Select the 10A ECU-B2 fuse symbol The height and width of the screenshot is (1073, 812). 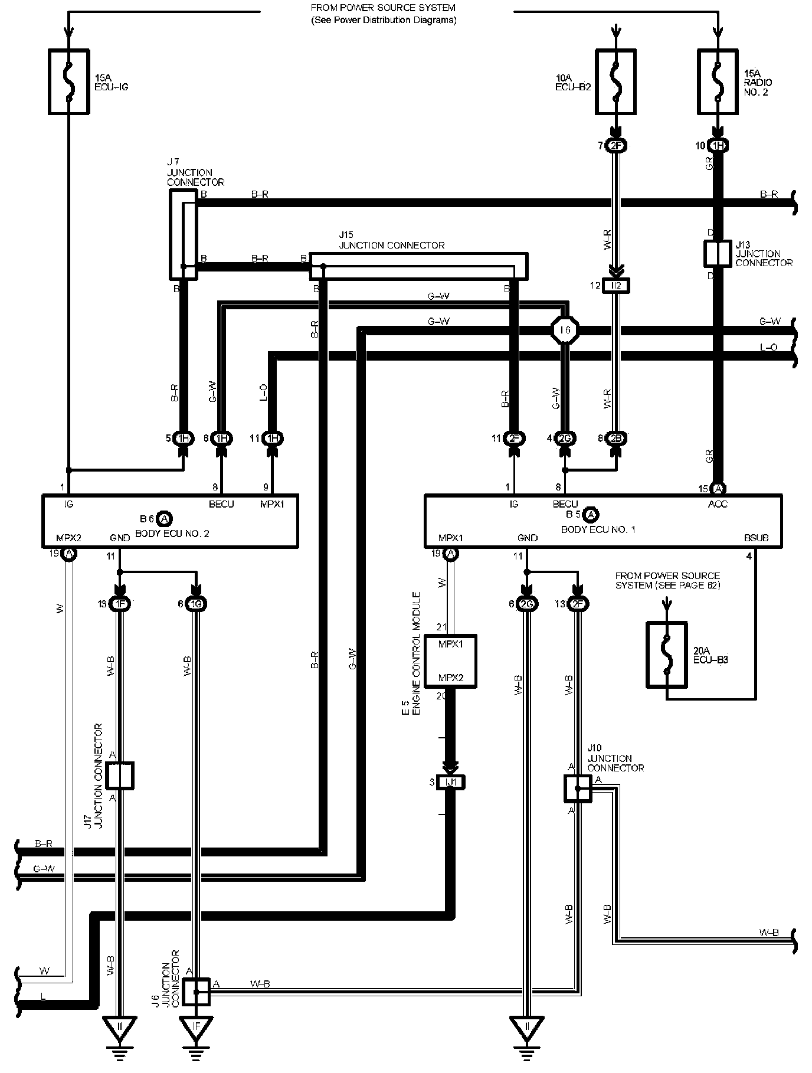[x=615, y=82]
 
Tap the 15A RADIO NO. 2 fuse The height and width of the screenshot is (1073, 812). [x=718, y=82]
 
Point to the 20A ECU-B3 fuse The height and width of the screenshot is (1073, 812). [x=667, y=655]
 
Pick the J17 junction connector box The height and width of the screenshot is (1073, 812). [x=120, y=776]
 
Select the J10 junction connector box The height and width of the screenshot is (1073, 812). [x=577, y=788]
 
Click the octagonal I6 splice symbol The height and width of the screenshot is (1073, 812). [x=565, y=330]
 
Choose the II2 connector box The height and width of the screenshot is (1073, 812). [x=615, y=286]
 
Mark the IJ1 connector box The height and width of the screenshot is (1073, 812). [x=451, y=782]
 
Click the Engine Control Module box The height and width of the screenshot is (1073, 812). [x=450, y=660]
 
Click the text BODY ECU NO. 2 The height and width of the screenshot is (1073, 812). [x=172, y=534]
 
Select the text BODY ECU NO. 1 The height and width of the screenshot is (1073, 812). [x=598, y=529]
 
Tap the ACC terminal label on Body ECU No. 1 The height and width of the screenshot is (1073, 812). [x=718, y=504]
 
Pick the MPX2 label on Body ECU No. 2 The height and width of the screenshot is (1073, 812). [x=68, y=538]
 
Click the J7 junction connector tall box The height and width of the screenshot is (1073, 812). [x=183, y=234]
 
